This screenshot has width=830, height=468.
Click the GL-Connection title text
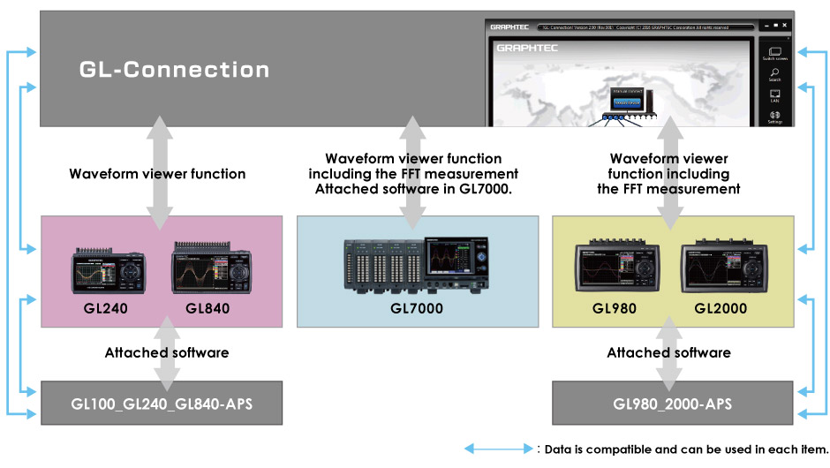pos(174,69)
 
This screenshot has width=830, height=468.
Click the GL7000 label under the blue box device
pos(417,308)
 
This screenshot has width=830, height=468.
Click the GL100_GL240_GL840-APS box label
pos(162,403)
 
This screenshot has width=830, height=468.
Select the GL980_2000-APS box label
pos(672,403)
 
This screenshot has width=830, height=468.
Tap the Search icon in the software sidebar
pos(774,74)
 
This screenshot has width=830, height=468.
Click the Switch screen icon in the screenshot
pos(774,52)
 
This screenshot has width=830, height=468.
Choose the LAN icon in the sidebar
pos(774,94)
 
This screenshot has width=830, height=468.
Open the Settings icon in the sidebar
pos(774,116)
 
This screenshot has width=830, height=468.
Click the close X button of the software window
pos(784,26)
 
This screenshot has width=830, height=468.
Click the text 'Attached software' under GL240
pos(167,352)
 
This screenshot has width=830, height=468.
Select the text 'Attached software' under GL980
pos(668,352)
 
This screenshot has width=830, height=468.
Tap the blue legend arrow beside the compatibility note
pos(497,449)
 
